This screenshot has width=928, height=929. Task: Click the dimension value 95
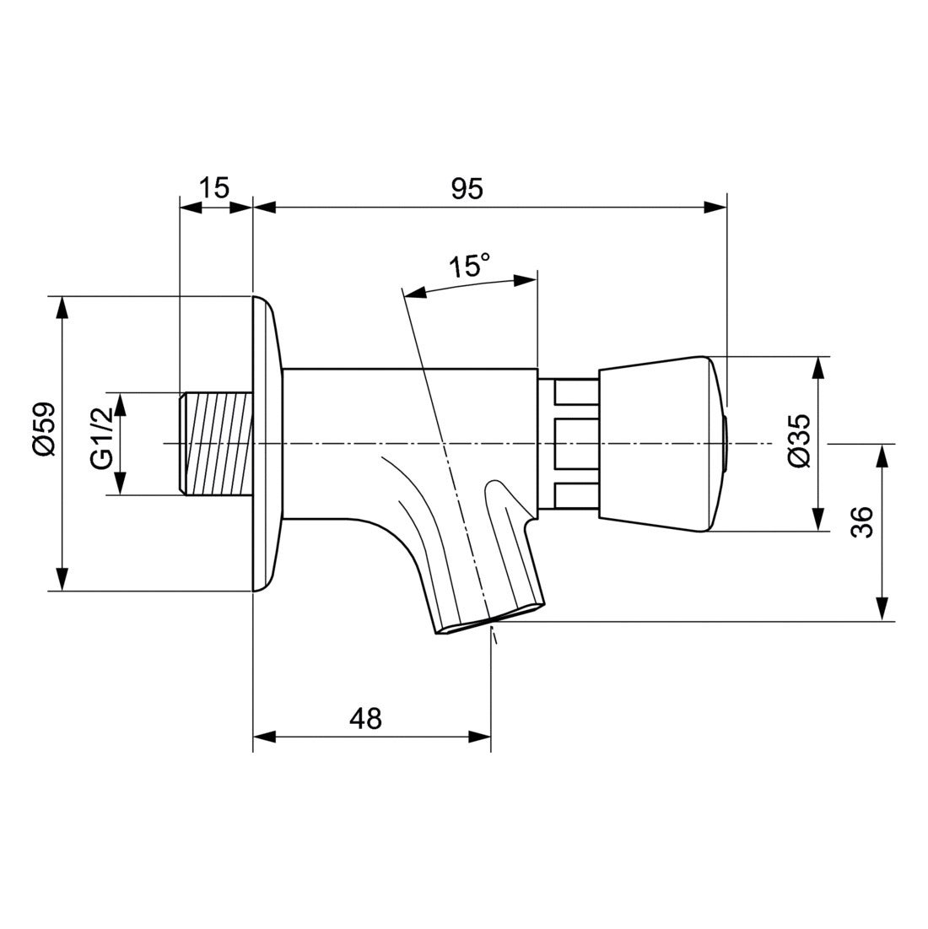click(x=466, y=189)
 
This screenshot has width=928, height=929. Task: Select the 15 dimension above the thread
click(x=215, y=187)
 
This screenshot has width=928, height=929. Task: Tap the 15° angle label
click(x=468, y=267)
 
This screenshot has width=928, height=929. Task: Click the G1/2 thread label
click(x=102, y=444)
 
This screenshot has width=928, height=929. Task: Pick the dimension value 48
click(x=365, y=718)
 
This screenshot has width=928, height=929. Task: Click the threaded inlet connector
click(x=217, y=444)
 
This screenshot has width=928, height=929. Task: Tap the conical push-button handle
click(x=658, y=444)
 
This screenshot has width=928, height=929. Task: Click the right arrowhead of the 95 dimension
click(x=716, y=207)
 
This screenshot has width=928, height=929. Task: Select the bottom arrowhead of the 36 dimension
click(x=882, y=611)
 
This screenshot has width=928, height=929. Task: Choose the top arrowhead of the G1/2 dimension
click(x=120, y=403)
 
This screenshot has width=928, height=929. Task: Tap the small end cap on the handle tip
click(x=727, y=444)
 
